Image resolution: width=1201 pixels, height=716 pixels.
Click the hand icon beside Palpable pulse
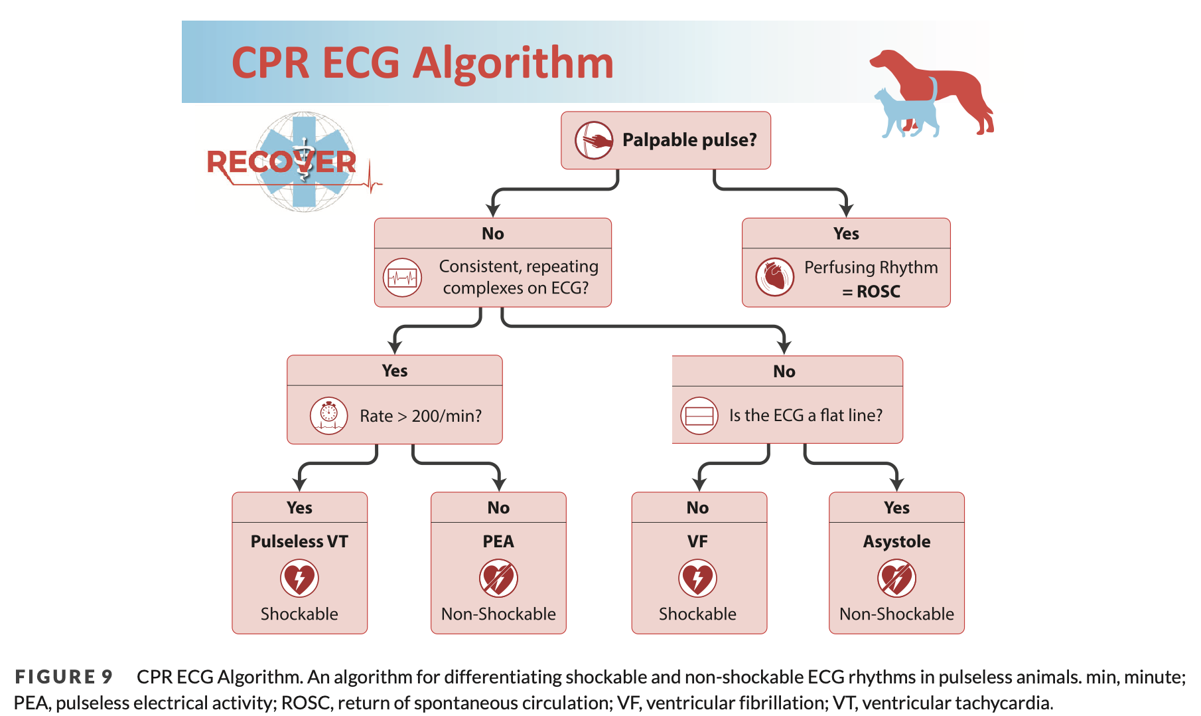(x=593, y=140)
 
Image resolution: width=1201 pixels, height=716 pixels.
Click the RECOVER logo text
(x=281, y=162)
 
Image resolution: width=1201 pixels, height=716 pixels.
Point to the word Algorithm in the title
(x=513, y=63)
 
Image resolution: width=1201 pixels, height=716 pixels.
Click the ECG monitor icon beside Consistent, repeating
(x=402, y=277)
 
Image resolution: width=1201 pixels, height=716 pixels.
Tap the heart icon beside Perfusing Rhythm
(x=774, y=277)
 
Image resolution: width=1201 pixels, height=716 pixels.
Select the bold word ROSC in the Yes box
(x=878, y=292)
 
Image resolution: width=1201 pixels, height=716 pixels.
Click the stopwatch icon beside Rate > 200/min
(x=328, y=416)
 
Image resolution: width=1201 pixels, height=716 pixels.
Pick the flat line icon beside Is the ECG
(x=699, y=416)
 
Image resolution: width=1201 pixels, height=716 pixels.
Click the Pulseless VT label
(x=299, y=541)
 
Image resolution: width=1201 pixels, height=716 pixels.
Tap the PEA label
(x=498, y=541)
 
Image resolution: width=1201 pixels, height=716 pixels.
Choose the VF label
(x=697, y=541)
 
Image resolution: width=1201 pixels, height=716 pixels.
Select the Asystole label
(x=896, y=541)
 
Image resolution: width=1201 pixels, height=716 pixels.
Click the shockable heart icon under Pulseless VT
(x=299, y=578)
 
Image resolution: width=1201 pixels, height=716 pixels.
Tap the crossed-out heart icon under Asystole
(x=896, y=578)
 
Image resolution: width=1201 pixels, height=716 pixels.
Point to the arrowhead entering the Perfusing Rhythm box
(x=846, y=211)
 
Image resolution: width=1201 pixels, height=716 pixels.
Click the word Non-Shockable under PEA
(x=498, y=614)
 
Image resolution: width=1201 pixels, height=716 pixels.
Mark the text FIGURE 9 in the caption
(x=64, y=677)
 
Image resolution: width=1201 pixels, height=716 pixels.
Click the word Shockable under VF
(x=697, y=614)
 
